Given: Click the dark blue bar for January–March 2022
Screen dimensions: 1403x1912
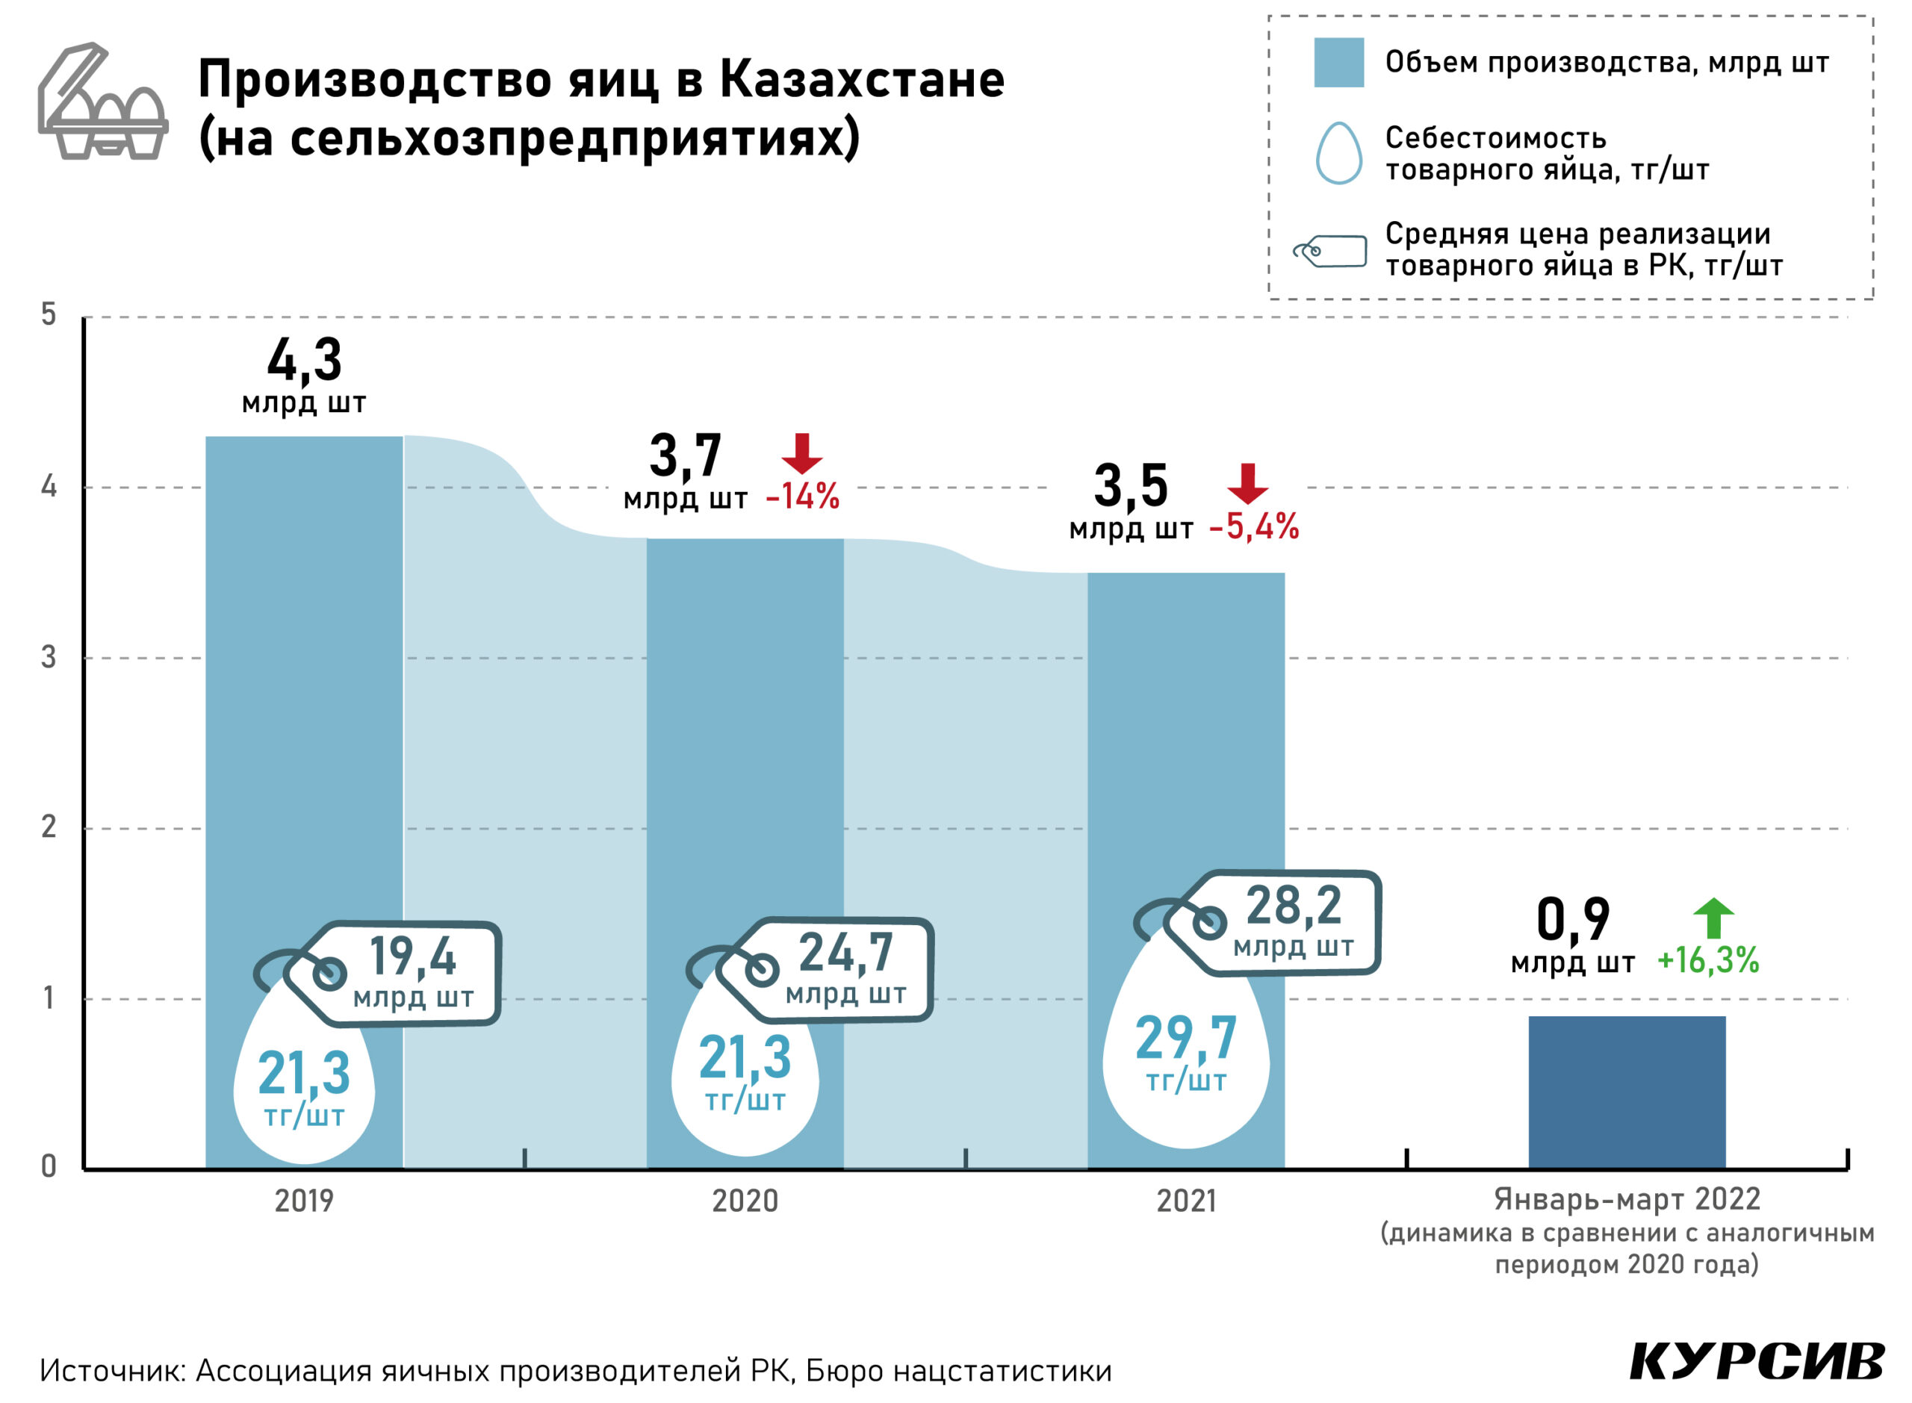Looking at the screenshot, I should [1626, 1092].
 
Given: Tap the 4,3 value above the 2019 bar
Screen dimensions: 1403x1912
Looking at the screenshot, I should [304, 361].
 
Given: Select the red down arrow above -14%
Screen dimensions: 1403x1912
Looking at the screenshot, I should [802, 453].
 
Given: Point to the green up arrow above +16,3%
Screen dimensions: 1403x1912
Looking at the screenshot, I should [1713, 919].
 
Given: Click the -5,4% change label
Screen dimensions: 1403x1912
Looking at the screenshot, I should [1254, 527].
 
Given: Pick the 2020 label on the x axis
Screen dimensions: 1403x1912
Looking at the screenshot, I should [745, 1201].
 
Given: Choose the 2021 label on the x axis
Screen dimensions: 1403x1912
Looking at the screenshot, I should [1186, 1201].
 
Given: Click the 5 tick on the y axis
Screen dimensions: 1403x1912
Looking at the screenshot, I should [49, 315].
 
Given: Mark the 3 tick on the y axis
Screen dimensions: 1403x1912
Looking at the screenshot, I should [49, 656].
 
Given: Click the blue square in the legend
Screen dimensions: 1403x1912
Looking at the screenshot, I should [1338, 62].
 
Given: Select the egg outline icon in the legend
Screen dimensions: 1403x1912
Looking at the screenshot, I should [1338, 153].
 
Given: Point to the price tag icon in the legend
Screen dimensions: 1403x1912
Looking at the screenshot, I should [1330, 251].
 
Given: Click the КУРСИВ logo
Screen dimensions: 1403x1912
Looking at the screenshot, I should [1757, 1361].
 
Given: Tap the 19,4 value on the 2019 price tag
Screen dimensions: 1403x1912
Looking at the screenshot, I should [413, 956].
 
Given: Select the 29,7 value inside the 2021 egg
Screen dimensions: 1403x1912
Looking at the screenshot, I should [1186, 1038].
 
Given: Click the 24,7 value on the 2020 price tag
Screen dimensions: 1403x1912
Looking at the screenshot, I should [846, 953].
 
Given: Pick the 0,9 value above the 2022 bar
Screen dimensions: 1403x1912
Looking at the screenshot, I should [1573, 920].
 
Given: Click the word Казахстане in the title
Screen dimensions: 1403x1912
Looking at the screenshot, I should [862, 80].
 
